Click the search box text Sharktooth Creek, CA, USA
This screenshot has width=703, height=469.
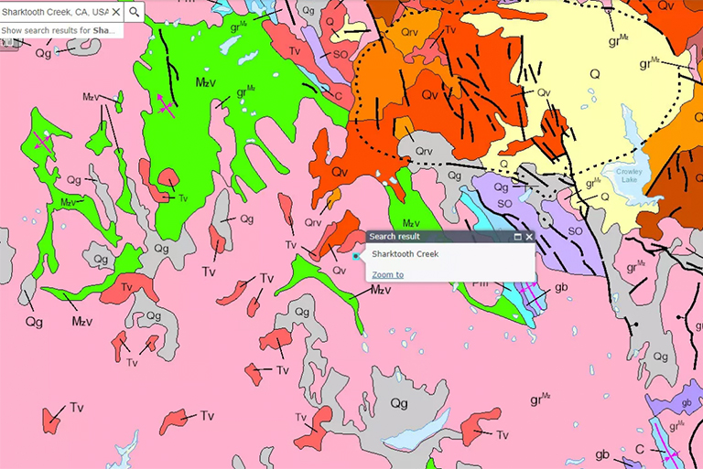[55, 12]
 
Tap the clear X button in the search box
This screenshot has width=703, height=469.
[116, 12]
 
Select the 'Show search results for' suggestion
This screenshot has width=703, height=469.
[60, 30]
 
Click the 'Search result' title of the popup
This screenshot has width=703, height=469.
[395, 236]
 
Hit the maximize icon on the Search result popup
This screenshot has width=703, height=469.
[517, 237]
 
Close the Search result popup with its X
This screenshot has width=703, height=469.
[529, 237]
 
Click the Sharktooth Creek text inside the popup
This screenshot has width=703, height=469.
[405, 254]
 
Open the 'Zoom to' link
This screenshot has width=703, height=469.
[387, 274]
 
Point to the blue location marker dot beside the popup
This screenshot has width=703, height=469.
[356, 257]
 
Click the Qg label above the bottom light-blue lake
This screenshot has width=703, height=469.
[399, 403]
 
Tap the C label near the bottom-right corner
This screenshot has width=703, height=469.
[640, 450]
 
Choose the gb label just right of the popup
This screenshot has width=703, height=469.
[562, 289]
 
